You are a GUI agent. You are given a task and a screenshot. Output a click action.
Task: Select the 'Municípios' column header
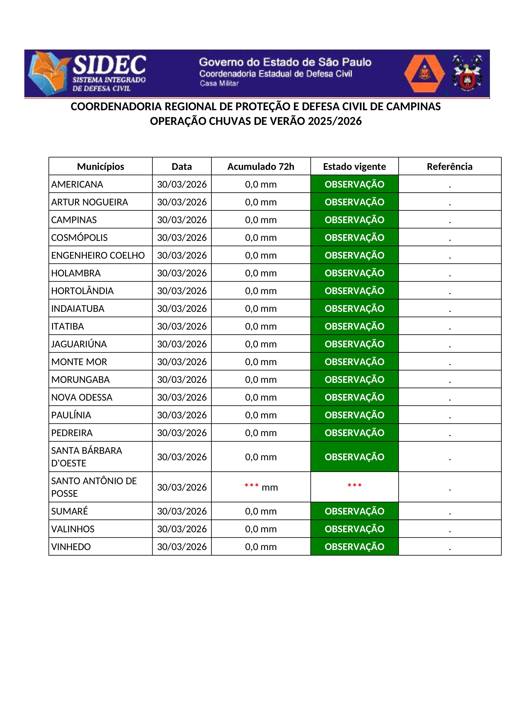[101, 167]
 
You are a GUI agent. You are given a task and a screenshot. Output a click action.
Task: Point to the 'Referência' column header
[450, 167]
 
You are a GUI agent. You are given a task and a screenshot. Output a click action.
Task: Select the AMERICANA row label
[77, 185]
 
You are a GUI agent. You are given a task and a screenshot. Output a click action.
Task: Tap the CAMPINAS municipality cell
[74, 220]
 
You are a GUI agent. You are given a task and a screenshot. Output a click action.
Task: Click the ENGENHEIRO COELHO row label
[98, 256]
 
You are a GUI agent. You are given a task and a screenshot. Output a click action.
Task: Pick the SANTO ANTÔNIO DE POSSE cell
[94, 487]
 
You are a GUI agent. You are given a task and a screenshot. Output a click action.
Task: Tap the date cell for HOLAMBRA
[182, 273]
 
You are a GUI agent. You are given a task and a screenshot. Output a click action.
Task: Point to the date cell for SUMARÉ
[182, 511]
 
